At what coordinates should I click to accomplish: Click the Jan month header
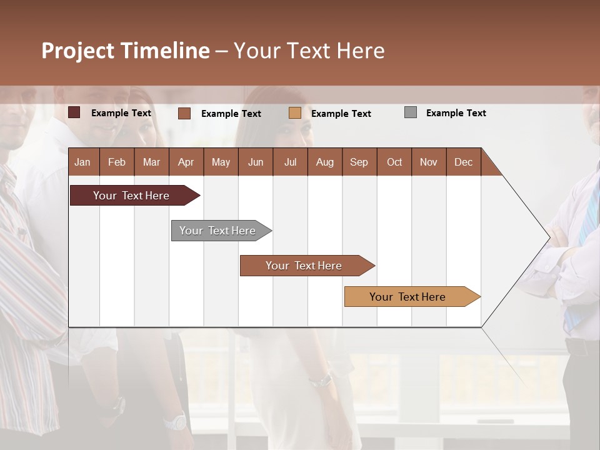click(82, 162)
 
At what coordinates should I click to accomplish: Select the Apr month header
click(186, 162)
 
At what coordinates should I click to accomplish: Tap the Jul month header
click(290, 162)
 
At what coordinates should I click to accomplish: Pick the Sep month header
click(359, 162)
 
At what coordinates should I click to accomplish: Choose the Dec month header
click(463, 162)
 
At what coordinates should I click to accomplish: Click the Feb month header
click(117, 162)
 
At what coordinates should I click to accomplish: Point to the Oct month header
click(394, 162)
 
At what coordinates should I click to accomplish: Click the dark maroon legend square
click(74, 112)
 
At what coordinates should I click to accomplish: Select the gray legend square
click(411, 112)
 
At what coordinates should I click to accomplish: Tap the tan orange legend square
click(295, 113)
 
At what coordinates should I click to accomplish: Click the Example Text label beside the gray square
click(456, 113)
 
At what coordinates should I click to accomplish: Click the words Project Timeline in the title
click(126, 51)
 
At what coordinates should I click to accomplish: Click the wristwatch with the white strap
click(176, 421)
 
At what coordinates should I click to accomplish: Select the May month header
click(221, 162)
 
